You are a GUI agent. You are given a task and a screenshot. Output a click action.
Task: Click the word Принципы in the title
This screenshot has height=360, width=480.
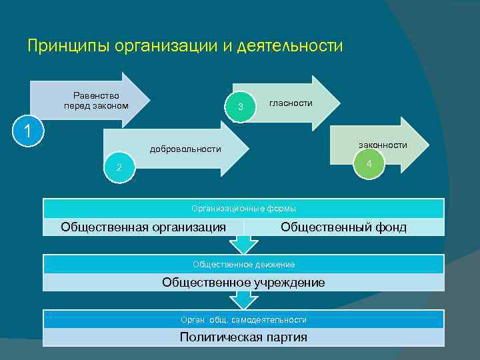click(69, 46)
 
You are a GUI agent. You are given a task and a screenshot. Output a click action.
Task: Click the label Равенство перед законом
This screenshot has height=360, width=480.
click(96, 101)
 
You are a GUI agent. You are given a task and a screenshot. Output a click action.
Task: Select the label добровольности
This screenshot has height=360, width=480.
click(185, 149)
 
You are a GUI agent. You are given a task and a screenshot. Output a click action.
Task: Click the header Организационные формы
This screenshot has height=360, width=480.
click(243, 209)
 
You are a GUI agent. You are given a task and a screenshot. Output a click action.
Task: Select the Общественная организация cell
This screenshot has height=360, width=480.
click(143, 227)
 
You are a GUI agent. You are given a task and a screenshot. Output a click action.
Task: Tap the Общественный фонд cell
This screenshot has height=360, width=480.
click(343, 227)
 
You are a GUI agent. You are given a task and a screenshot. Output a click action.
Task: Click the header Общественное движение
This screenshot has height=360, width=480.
click(243, 265)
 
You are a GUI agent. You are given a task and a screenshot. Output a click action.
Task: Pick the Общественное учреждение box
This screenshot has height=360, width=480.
click(243, 283)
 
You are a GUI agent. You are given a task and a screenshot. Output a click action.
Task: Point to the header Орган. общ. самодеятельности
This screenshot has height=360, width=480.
click(243, 320)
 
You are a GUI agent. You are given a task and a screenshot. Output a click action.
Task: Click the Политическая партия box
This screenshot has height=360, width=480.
click(243, 337)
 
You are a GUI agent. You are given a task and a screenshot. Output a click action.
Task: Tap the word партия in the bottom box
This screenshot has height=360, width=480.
click(285, 337)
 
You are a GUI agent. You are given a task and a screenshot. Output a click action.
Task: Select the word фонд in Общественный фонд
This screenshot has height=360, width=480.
click(389, 227)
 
